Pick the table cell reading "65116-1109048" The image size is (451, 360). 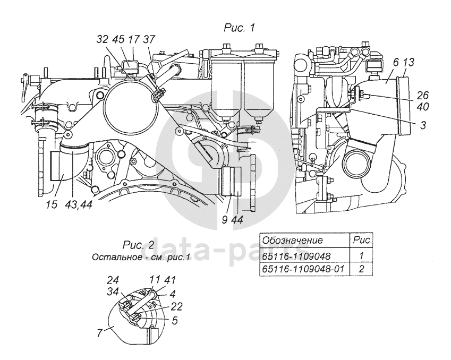(294, 255)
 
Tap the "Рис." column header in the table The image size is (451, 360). (361, 241)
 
